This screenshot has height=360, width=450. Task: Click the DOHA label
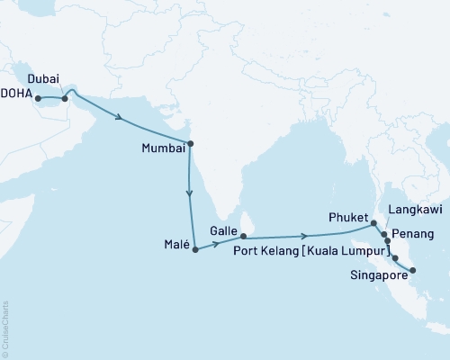[x=17, y=99]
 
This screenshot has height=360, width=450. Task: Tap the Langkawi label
[x=410, y=209]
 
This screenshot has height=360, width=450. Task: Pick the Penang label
[x=415, y=233]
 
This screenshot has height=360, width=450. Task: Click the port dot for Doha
[x=39, y=99]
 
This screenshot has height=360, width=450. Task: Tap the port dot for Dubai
[x=65, y=99]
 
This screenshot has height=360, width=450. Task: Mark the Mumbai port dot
[x=190, y=142]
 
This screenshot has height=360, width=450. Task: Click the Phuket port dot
[x=374, y=222]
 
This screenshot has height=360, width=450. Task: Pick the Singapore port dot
[x=412, y=271]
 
